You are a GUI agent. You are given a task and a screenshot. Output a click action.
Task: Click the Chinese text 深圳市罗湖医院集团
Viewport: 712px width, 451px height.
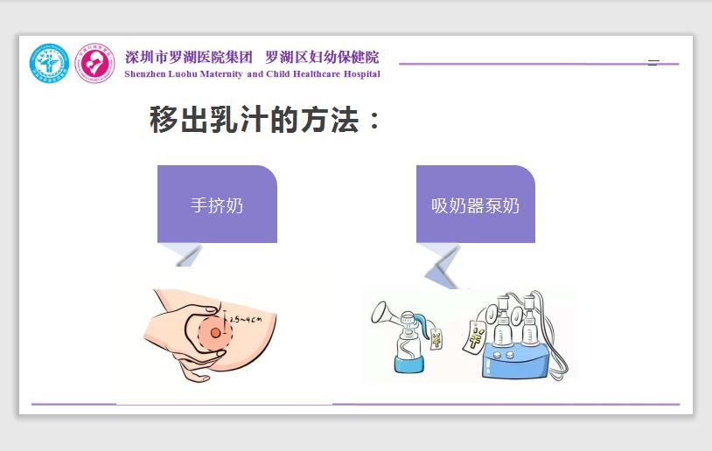(189, 58)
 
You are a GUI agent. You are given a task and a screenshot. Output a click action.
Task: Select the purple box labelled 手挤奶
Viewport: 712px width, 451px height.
(217, 205)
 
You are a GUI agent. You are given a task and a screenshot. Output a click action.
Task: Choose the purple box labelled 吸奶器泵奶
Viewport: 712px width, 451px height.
(475, 205)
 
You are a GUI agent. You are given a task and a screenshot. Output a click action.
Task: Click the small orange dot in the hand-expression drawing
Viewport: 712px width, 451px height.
(215, 332)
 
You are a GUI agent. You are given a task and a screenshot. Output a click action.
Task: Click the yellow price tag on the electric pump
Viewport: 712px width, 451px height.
(478, 334)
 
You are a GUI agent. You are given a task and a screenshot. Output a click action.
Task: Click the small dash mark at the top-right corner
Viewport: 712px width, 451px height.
(653, 62)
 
